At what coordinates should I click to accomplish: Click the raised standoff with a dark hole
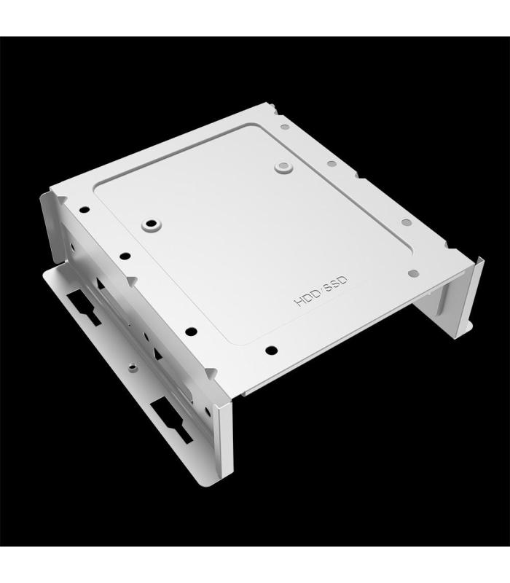click(x=152, y=222)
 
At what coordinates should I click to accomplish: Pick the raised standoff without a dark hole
click(x=282, y=168)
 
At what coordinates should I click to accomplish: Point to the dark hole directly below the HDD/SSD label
click(x=272, y=350)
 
